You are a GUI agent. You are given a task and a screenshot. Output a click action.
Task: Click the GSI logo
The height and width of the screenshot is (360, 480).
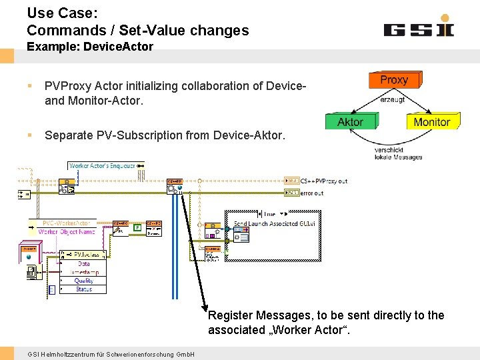coord(419,29)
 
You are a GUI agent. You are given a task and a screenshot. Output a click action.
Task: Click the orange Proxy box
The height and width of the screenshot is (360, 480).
coord(394,80)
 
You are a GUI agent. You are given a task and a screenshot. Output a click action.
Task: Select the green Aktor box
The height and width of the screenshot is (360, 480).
coord(351,121)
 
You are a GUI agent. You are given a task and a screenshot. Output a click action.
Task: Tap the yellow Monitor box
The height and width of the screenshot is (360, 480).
coord(432,121)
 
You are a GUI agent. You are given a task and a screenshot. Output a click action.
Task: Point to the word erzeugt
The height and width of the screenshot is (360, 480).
coord(392,99)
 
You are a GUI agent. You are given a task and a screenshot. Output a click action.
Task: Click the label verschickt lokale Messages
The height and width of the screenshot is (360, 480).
coord(398,153)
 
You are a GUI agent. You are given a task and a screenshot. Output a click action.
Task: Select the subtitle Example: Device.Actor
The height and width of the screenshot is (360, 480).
coord(90,47)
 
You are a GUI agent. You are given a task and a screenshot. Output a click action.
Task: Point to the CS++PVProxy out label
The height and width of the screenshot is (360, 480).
coord(323,181)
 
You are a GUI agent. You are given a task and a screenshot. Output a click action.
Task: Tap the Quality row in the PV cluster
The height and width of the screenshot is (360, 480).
coord(84,281)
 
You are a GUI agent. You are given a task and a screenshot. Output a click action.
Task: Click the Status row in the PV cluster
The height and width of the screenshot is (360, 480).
coord(84,289)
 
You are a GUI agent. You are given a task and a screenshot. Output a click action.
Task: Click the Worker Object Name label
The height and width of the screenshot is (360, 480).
coord(67,232)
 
